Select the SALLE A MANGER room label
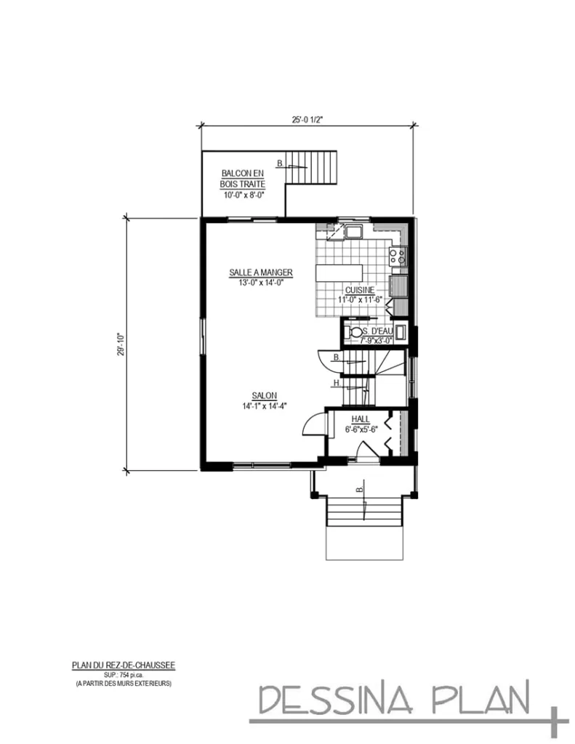(x=261, y=272)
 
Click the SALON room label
(x=264, y=395)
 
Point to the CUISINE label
(x=360, y=289)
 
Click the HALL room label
(x=361, y=420)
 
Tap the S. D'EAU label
(x=377, y=330)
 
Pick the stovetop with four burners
(x=398, y=255)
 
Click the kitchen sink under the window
(x=355, y=232)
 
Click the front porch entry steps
(x=363, y=511)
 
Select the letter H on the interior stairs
(x=337, y=383)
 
